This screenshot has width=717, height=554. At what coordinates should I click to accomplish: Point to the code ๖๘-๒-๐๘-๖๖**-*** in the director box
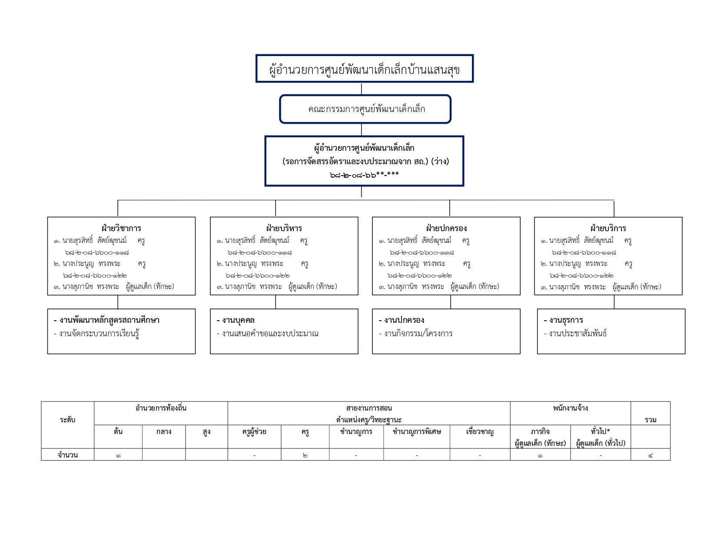[364, 175]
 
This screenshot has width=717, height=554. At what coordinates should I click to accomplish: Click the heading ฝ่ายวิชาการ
[121, 228]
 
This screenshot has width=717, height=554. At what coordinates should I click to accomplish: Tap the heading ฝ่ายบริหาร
[284, 228]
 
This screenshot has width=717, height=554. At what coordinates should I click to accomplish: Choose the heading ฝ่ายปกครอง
[446, 228]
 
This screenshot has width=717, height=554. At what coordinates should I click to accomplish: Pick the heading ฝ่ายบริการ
[608, 228]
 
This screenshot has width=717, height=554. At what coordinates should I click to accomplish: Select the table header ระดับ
[68, 420]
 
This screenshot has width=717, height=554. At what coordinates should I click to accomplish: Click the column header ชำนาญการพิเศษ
[417, 431]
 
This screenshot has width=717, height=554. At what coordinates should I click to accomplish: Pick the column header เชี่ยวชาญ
[480, 431]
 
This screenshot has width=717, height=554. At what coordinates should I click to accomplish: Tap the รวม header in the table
[651, 420]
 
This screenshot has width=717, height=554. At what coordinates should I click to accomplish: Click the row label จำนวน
[68, 455]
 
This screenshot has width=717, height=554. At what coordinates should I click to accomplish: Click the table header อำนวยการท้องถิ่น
[161, 408]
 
